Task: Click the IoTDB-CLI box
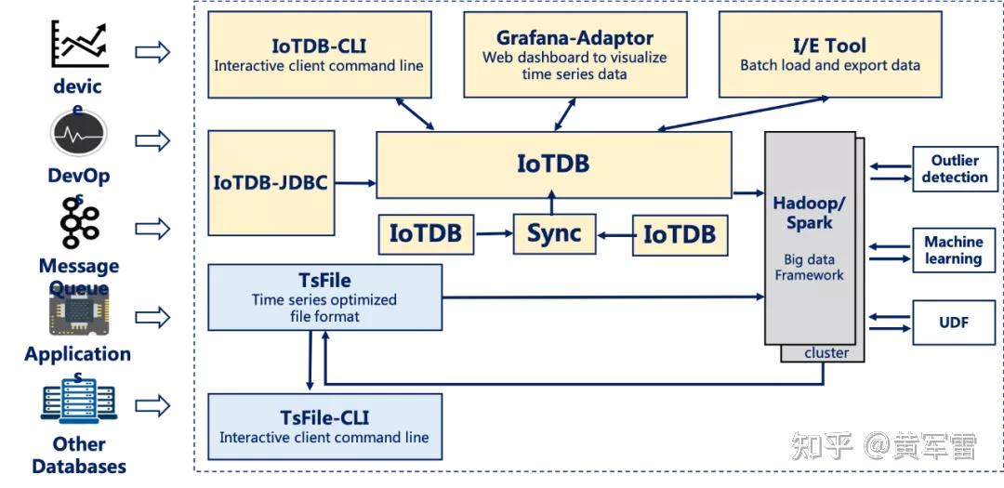[x=319, y=55]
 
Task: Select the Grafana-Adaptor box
[x=574, y=55]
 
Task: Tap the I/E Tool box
[x=829, y=55]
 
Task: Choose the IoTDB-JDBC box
[x=271, y=182]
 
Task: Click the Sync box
[x=554, y=233]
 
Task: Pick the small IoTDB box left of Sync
[x=426, y=233]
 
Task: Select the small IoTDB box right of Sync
[x=680, y=234]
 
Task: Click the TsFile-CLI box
[x=324, y=427]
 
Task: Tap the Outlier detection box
[x=955, y=168]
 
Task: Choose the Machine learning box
[x=954, y=250]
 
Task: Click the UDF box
[x=954, y=323]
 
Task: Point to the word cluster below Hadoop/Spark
[x=826, y=353]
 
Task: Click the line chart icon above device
[x=79, y=44]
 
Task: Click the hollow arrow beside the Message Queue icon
[x=152, y=228]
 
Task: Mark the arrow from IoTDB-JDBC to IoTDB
[x=354, y=183]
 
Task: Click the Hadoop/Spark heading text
[x=809, y=213]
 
